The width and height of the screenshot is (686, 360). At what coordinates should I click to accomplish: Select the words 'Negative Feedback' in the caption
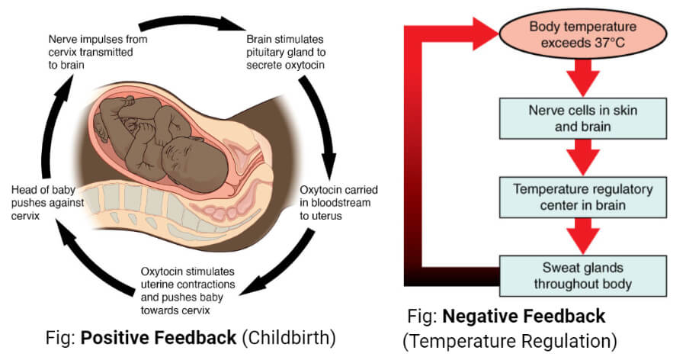coord(524,315)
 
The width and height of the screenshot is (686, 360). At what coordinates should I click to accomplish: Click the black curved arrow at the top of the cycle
coord(191,20)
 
